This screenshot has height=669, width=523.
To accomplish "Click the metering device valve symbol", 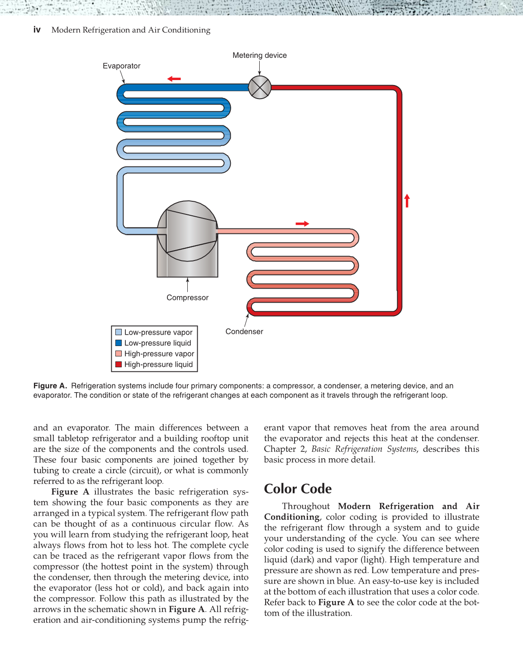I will coord(260,87).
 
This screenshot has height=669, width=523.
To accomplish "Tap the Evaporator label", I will coord(121,66).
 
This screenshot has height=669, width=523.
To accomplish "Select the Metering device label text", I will coord(259,55).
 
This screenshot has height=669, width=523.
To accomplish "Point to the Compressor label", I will coord(187,298).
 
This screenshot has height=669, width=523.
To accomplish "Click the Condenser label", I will coord(244,332).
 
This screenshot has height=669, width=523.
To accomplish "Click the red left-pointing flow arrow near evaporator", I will coord(174,79).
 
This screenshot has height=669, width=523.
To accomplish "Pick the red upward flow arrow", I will coord(407,200).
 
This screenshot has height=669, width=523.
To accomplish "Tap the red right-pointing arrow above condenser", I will coord(302,223).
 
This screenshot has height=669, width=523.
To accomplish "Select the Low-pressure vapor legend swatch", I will coord(119,332).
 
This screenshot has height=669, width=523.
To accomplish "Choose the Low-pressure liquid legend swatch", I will coord(119,343).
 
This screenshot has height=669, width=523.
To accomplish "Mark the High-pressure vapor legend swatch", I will coord(119,354).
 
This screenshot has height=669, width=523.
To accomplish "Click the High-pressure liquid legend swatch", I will coord(119,364).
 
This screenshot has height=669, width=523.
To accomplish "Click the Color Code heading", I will coord(298,489).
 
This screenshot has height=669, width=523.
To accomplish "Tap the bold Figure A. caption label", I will coord(50,386).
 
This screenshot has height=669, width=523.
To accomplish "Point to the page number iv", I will coord(37,30).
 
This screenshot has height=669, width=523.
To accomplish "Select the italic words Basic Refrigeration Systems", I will coord(364,449).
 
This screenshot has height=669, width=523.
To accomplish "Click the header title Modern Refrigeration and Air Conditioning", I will coord(131,30).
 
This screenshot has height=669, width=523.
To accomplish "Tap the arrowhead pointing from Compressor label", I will coord(187,280).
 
